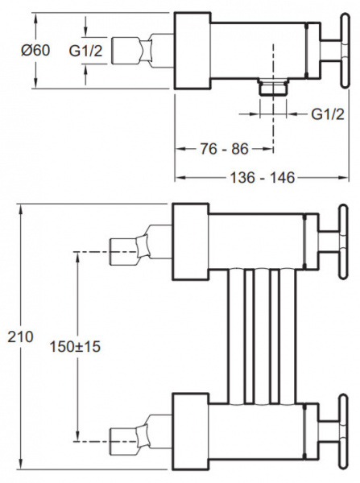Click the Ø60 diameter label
tap(35, 50)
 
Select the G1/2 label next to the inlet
tap(85, 51)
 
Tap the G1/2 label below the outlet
tap(328, 114)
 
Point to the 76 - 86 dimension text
tap(225, 149)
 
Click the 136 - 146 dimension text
tap(263, 178)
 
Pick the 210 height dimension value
tap(20, 337)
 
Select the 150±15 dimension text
tap(75, 347)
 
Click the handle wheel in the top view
tap(346, 50)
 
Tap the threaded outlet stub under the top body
tap(273, 88)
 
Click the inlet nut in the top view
tap(131, 51)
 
